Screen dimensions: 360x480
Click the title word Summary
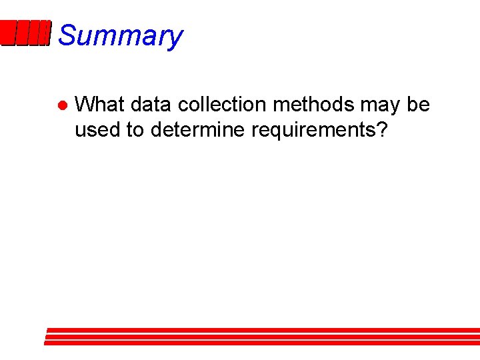pyautogui.click(x=120, y=35)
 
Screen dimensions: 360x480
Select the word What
pyautogui.click(x=100, y=105)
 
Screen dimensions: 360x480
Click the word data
pyautogui.click(x=151, y=105)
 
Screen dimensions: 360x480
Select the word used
pyautogui.click(x=98, y=129)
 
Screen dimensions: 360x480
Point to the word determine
pyautogui.click(x=198, y=129)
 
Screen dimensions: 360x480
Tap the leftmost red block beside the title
pyautogui.click(x=7, y=33)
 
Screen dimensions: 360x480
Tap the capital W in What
pyautogui.click(x=85, y=105)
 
